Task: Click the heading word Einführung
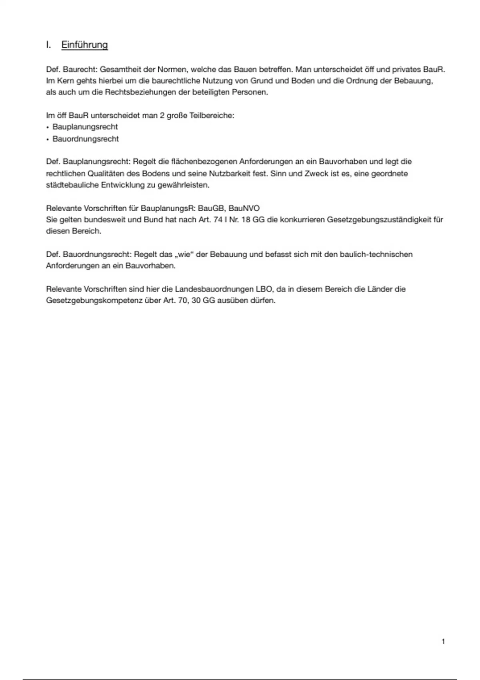[x=84, y=45]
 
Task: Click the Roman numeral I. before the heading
[x=48, y=45]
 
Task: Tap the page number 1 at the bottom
[x=443, y=642]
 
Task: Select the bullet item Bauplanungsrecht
[x=85, y=127]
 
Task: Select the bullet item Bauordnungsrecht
[x=86, y=139]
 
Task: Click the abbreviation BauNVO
[x=244, y=208]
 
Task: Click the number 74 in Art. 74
[x=218, y=220]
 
